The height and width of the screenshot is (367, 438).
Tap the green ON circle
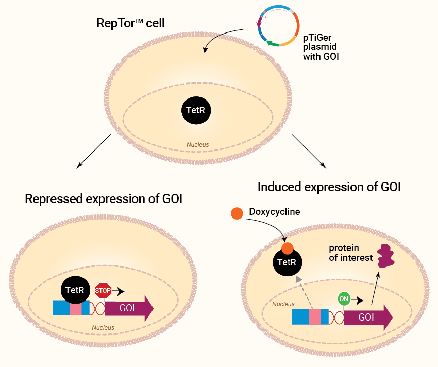pyautogui.click(x=344, y=298)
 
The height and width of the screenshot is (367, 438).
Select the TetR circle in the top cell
pyautogui.click(x=197, y=110)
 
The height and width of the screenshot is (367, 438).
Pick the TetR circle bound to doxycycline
pyautogui.click(x=287, y=262)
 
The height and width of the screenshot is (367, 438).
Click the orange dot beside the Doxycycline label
pyautogui.click(x=237, y=213)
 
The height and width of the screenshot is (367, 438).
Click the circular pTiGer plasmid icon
pyautogui.click(x=278, y=26)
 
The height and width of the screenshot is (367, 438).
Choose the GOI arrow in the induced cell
pyautogui.click(x=367, y=317)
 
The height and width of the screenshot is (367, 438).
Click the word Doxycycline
pyautogui.click(x=274, y=212)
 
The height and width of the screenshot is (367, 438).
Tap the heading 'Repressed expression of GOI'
pyautogui.click(x=104, y=199)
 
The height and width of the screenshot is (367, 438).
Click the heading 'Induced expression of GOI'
pyautogui.click(x=329, y=187)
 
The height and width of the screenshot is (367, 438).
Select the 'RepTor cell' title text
pyautogui.click(x=134, y=24)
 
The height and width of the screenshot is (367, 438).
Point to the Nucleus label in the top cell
pyautogui.click(x=198, y=145)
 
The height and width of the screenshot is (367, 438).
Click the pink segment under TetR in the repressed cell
pyautogui.click(x=76, y=308)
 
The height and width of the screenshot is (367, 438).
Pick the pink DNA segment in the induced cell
pyautogui.click(x=315, y=317)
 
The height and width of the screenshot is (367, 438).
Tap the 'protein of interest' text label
pyautogui.click(x=350, y=253)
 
